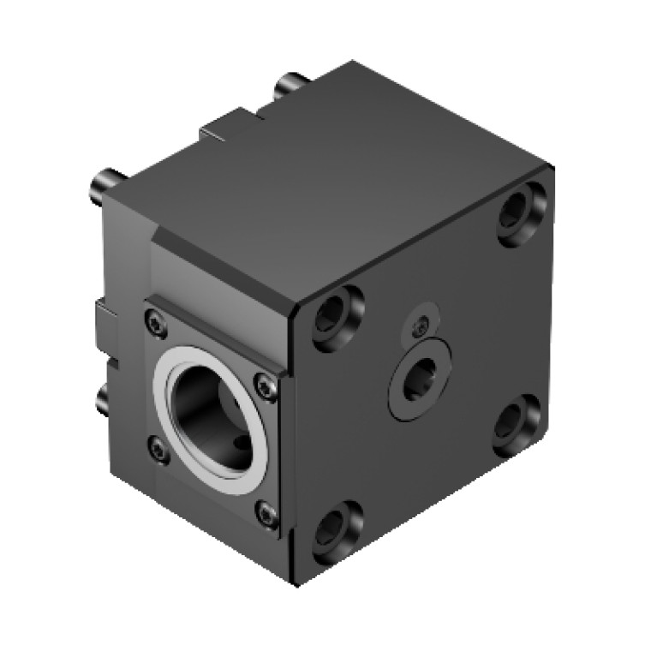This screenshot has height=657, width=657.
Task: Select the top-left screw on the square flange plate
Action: [153, 322]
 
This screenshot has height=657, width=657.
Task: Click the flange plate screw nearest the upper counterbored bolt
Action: [265, 387]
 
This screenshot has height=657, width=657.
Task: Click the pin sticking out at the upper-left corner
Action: [105, 184]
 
